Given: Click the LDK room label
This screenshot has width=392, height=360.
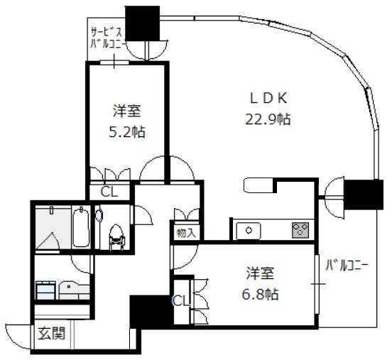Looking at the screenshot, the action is [268, 98].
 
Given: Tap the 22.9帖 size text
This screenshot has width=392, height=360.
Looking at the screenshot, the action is [268, 119].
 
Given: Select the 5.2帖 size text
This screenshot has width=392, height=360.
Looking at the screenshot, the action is [127, 132].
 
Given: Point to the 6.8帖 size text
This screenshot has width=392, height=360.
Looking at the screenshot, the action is [260, 294].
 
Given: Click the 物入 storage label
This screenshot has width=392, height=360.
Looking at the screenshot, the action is [186, 233].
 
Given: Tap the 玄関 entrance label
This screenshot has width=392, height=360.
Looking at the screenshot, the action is [52, 334].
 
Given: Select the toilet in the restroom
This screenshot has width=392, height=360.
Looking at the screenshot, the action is [116, 237].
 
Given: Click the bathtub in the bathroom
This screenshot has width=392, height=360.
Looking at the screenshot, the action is [80, 227].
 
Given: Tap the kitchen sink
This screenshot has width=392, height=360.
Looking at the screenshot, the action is [249, 231].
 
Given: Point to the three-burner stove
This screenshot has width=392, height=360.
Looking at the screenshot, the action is [300, 230].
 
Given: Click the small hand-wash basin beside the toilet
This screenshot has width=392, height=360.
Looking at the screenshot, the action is [99, 215].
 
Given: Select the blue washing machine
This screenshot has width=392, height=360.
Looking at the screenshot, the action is [45, 290].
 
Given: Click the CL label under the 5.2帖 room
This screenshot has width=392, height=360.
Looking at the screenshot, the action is [109, 192].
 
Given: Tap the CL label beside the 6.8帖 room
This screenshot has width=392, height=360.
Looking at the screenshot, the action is [182, 301].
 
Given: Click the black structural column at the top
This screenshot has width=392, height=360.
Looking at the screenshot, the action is [142, 23].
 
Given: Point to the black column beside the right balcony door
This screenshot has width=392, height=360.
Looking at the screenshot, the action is [364, 195].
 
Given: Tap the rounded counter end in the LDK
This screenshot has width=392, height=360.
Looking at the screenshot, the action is [258, 185].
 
